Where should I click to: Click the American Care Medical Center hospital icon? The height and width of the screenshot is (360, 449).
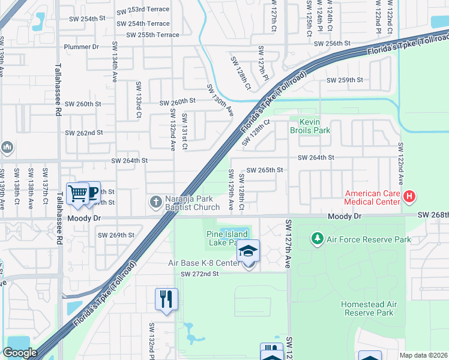[409, 196]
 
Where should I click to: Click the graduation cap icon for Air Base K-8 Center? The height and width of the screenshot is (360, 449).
[248, 251]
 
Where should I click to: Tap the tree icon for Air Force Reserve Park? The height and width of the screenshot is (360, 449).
[317, 239]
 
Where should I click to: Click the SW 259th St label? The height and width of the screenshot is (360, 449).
[345, 80]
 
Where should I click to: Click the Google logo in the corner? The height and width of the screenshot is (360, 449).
[20, 352]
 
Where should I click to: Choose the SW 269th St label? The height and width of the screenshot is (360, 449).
[116, 235]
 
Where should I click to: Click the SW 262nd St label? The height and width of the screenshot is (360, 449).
[84, 133]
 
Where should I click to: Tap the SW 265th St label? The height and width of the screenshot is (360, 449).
[264, 170]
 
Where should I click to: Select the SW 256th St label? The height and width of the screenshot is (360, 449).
[331, 44]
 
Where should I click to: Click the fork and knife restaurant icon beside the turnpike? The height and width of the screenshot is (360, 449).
[166, 298]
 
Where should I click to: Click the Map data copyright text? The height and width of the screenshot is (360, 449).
[424, 355]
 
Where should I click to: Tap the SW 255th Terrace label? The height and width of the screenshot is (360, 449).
[152, 35]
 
